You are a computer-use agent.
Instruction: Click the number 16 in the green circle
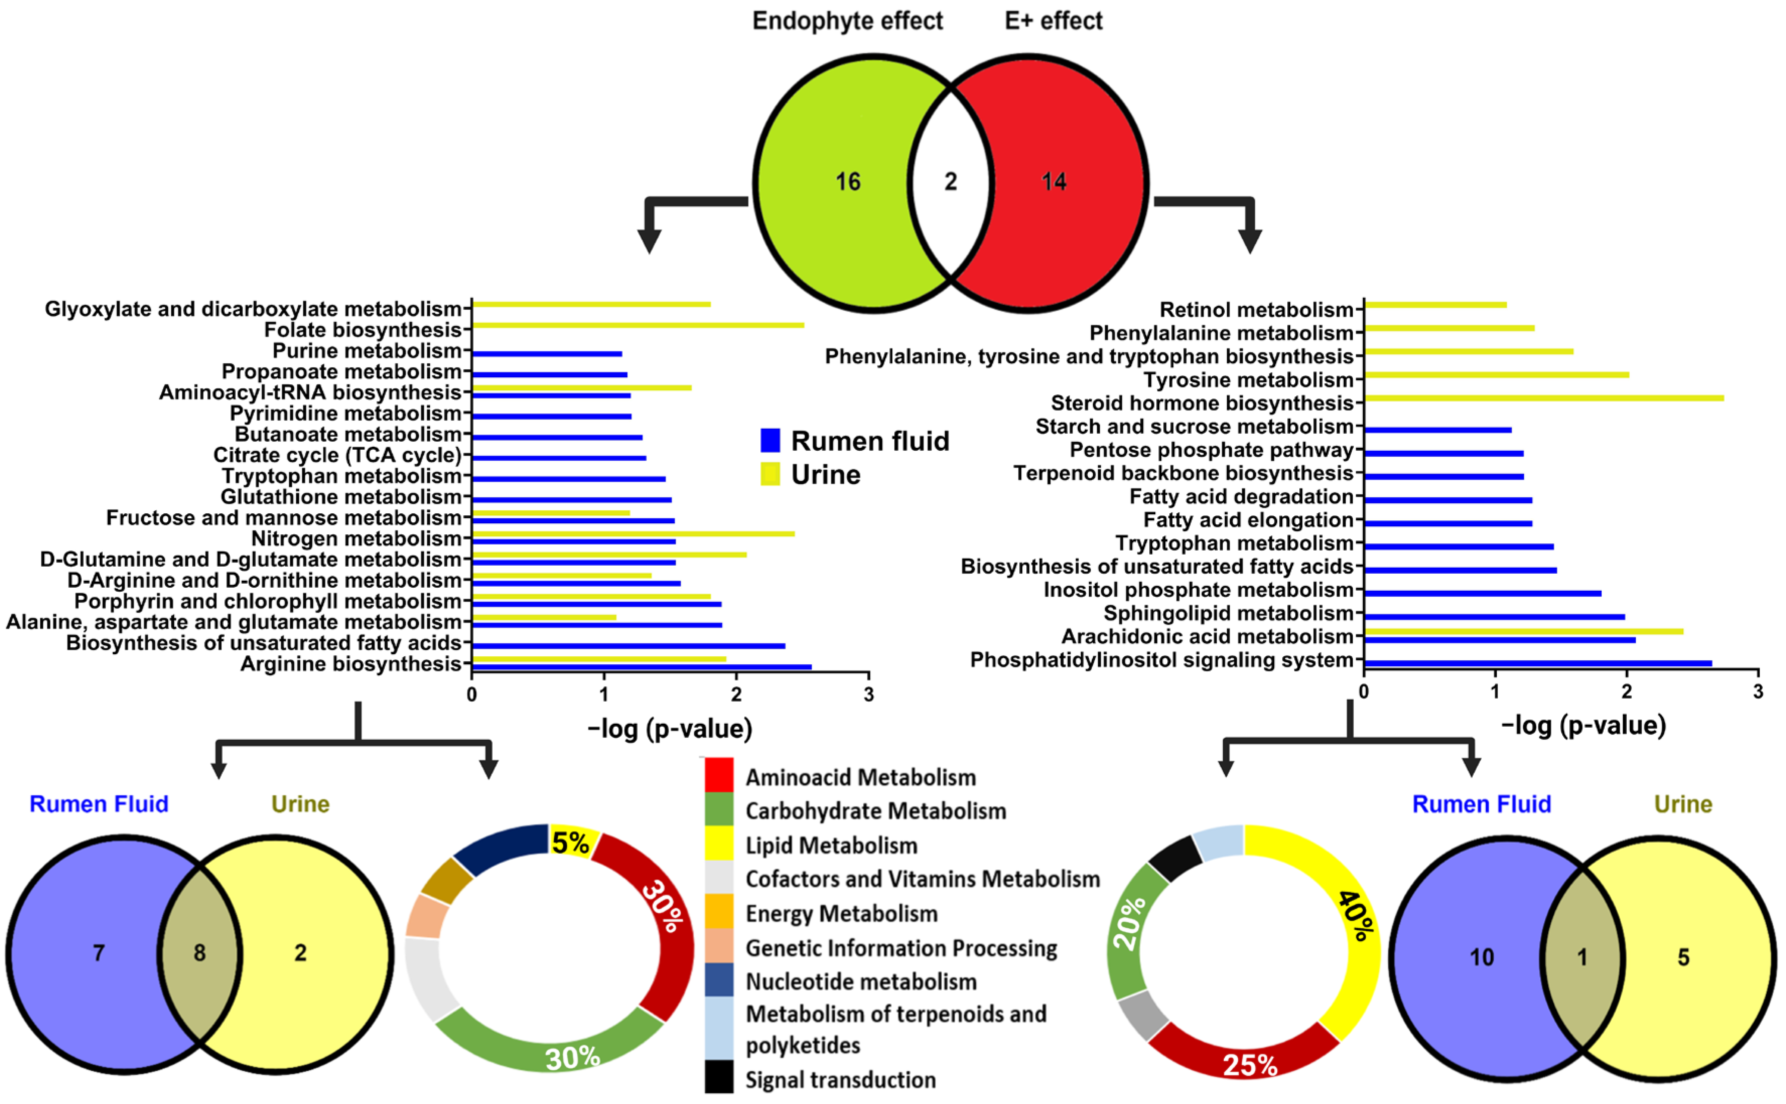[x=848, y=181]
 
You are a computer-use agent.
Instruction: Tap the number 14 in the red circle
[x=1053, y=181]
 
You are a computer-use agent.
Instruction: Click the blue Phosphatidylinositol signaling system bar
[x=1537, y=663]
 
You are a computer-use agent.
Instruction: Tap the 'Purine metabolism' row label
[x=367, y=351]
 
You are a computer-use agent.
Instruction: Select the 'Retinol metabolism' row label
[x=1256, y=310]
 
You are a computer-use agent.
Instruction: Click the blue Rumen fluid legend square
[x=770, y=440]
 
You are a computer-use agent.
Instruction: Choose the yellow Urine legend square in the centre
[x=770, y=474]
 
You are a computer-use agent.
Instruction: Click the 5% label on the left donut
[x=569, y=843]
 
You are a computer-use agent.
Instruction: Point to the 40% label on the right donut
[x=1357, y=916]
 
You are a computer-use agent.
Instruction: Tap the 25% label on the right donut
[x=1250, y=1065]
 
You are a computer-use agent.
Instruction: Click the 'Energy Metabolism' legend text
[x=841, y=914]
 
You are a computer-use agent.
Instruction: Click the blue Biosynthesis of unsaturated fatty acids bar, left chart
[x=628, y=646]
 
